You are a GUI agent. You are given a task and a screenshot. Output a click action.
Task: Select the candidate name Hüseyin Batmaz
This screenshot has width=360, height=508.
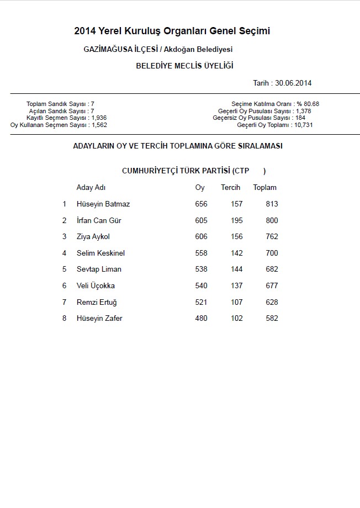point(103,204)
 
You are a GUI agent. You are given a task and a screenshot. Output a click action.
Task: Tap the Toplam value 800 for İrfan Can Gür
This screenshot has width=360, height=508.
point(271,220)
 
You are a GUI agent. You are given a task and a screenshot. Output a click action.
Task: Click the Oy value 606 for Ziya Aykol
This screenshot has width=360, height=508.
point(201,237)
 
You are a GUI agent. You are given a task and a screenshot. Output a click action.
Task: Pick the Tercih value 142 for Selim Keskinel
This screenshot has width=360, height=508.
point(236,253)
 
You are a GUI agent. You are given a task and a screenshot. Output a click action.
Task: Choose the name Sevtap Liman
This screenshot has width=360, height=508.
point(99,269)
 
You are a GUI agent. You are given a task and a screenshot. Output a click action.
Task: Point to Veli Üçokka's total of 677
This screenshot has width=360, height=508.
point(271,286)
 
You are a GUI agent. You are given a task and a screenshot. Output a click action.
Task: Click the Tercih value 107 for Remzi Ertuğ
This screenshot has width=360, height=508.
point(236,302)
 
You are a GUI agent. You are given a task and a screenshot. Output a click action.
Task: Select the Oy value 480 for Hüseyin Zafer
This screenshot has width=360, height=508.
point(201,319)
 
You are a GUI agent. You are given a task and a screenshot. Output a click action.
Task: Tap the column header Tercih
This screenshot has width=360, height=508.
point(230,188)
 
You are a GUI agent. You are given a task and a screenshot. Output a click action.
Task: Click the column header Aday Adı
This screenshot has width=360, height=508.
point(91,188)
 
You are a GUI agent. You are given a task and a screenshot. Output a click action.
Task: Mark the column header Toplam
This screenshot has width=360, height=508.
point(264,188)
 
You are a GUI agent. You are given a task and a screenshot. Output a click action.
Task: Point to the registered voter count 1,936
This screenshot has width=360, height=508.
point(99,118)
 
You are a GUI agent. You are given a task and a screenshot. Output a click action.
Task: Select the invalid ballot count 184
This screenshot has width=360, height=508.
point(300,118)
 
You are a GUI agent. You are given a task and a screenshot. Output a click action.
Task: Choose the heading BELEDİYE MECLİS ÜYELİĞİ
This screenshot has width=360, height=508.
point(184,66)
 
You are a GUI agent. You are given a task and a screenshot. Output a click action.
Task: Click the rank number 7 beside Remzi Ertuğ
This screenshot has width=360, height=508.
point(64,302)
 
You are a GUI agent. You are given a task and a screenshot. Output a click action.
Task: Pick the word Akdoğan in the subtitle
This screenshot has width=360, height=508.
point(177,50)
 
